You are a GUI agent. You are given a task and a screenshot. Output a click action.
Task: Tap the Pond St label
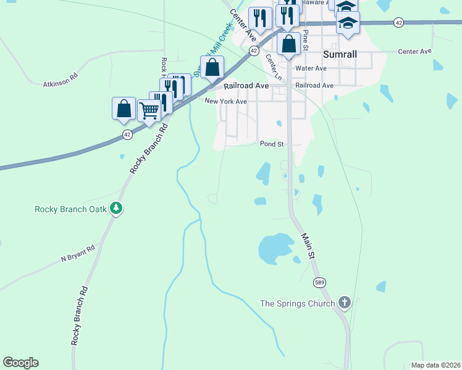tap(272, 144)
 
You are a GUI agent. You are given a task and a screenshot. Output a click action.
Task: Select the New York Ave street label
tap(225, 101)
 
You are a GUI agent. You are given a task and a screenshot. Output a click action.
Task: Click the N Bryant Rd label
tap(78, 253)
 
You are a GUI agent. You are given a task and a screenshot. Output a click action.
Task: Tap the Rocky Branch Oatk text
tap(70, 208)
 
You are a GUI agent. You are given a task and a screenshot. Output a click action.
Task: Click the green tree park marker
tap(115, 208)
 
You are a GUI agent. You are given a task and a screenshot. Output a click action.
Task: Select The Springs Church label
tap(297, 303)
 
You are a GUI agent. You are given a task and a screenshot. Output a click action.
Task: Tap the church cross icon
tap(345, 303)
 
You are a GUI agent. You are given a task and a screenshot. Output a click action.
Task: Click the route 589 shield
tap(319, 282)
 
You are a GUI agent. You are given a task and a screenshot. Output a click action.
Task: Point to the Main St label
tap(308, 245)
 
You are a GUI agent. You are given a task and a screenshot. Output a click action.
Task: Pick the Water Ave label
tap(311, 68)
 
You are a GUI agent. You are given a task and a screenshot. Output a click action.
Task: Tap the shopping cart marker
tap(149, 111)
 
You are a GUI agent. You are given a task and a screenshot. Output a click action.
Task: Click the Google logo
tap(20, 363)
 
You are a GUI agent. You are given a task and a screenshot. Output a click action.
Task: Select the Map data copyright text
tap(435, 365)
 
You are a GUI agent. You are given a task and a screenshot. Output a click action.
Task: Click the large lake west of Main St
tap(275, 248)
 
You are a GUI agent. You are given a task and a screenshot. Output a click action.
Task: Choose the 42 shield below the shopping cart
tap(127, 133)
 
